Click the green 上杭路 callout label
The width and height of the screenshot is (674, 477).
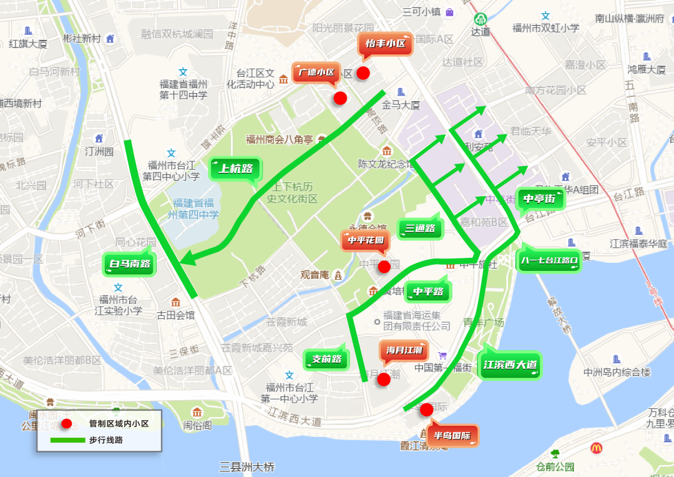(235, 168)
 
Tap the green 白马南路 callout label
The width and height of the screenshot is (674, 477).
(130, 264)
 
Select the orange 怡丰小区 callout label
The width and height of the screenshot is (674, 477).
(385, 44)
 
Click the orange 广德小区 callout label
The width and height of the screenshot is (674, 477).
(316, 72)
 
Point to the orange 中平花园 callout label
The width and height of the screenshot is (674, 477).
(365, 240)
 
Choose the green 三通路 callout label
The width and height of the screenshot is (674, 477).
(420, 229)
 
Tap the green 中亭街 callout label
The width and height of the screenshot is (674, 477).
(539, 199)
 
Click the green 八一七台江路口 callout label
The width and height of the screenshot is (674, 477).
(549, 260)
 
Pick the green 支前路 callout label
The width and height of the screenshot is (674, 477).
(326, 359)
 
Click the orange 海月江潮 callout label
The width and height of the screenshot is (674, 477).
(404, 350)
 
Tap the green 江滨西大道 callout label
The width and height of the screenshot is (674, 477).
(510, 365)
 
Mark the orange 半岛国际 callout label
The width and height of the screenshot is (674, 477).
(452, 436)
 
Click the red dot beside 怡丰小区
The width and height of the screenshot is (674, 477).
(363, 73)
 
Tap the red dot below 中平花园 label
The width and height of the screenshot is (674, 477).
(384, 267)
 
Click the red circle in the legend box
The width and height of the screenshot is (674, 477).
(66, 424)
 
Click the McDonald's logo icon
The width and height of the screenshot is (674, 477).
(596, 448)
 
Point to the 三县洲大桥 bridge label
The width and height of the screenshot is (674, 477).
(247, 467)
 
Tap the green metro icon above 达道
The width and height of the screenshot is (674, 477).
(480, 19)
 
